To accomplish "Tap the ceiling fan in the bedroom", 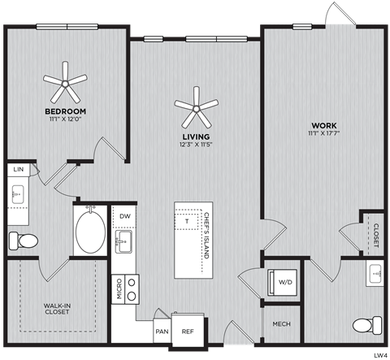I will pyautogui.click(x=66, y=80).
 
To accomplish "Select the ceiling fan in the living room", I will pyautogui.click(x=197, y=106).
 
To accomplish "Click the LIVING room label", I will pyautogui.click(x=197, y=137).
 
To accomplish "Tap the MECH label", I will pyautogui.click(x=281, y=324).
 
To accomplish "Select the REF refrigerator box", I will pyautogui.click(x=187, y=332).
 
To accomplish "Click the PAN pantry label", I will pyautogui.click(x=161, y=332).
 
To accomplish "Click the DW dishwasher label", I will pyautogui.click(x=125, y=216).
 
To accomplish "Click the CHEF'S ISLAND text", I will pyautogui.click(x=206, y=237).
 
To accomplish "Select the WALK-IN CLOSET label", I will pyautogui.click(x=56, y=310).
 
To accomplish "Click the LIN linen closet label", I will pyautogui.click(x=18, y=170).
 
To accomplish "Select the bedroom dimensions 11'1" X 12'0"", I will pyautogui.click(x=66, y=119).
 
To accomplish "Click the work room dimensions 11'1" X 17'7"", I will pyautogui.click(x=323, y=134).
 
